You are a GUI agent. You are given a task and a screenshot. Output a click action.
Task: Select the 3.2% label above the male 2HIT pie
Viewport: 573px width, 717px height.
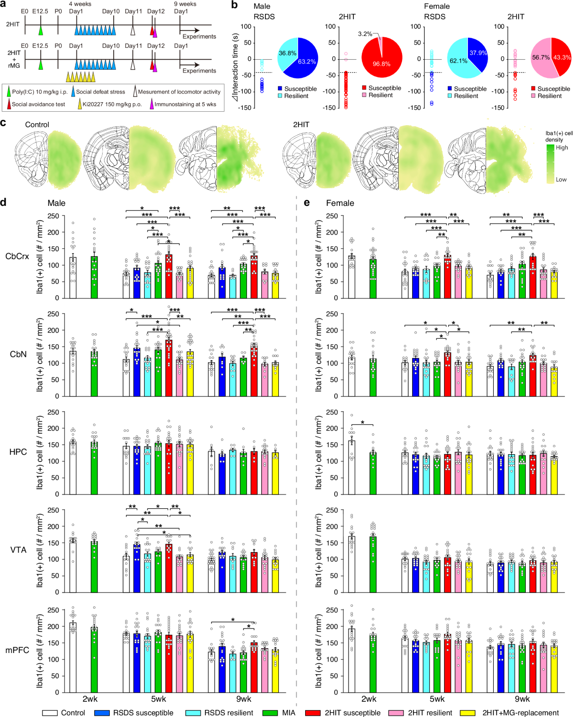pos(365,34)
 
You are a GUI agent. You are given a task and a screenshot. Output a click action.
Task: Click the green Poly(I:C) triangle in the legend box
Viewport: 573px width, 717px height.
pos(9,92)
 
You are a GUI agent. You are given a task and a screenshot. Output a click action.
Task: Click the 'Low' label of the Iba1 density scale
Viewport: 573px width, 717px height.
pos(561,180)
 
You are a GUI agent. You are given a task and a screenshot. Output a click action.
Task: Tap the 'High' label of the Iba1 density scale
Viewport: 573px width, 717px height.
pos(562,148)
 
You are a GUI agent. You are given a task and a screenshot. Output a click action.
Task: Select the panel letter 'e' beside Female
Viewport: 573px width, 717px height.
pos(307,203)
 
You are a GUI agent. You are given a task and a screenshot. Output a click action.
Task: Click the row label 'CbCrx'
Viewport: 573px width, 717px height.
pos(17,257)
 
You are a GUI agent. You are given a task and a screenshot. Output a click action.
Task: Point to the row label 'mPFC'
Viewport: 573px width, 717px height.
pos(17,650)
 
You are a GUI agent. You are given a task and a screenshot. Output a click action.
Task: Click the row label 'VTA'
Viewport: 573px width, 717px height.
pos(18,550)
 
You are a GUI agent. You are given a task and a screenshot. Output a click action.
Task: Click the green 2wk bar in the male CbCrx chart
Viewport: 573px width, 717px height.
pos(95,277)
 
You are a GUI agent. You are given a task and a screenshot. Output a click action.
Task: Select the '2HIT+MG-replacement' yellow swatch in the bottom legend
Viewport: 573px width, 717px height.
pos(467,713)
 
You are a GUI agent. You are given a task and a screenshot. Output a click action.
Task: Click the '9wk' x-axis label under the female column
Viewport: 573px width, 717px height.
pos(522,699)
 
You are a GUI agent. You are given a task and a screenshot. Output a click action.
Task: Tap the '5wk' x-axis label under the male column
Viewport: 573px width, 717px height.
pos(159,699)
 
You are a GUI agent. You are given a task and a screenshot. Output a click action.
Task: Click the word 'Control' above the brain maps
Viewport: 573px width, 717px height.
pos(37,125)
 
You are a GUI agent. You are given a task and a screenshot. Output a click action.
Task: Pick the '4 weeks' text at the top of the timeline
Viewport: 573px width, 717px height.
pos(80,4)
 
